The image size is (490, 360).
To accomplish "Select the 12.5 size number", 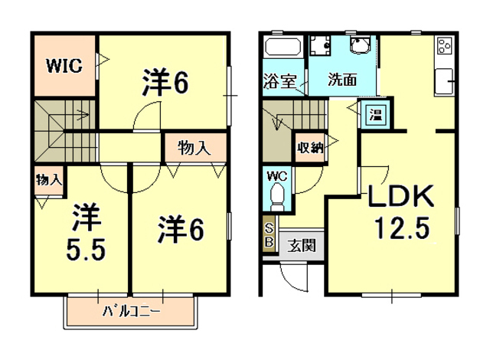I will pyautogui.click(x=402, y=227).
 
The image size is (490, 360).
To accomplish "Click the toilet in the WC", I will pyautogui.click(x=276, y=197).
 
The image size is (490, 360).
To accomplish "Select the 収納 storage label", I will pyautogui.click(x=309, y=147).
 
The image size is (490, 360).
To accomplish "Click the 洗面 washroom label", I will pyautogui.click(x=343, y=79).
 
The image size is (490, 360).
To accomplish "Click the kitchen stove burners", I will pyautogui.click(x=443, y=47).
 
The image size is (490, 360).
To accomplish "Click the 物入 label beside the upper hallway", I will pyautogui.click(x=194, y=148).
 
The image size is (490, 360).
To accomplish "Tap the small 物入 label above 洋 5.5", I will pyautogui.click(x=49, y=181).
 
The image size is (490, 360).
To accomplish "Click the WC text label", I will pyautogui.click(x=276, y=176).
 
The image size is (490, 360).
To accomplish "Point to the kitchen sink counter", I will pyautogui.click(x=444, y=80).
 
